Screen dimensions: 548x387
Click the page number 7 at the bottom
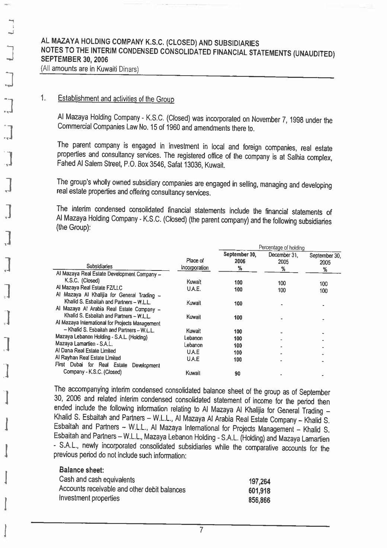click(201, 530)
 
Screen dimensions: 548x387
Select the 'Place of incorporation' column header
click(195, 264)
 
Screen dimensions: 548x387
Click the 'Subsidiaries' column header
click(99, 266)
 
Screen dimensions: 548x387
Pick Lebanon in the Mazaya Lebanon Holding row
click(193, 338)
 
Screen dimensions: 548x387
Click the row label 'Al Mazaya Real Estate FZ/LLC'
click(89, 288)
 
